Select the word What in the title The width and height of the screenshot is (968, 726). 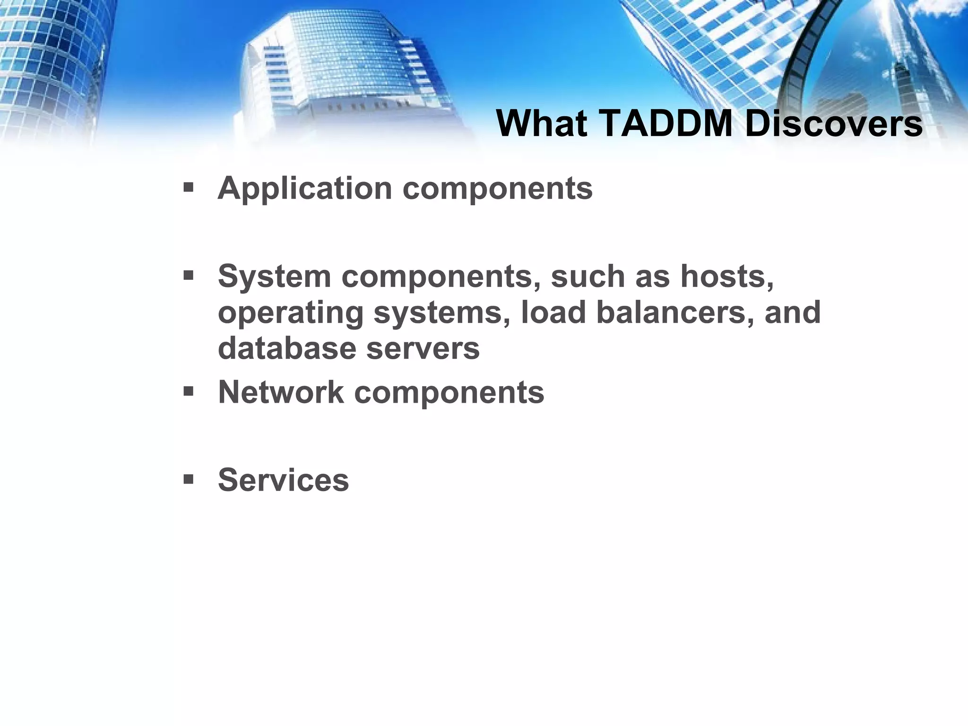tap(542, 124)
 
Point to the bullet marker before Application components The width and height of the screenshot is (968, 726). tap(189, 188)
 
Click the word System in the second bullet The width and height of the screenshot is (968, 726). tap(274, 277)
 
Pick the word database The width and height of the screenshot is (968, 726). tap(287, 349)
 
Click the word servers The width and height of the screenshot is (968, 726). tap(423, 349)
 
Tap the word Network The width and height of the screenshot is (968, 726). tap(281, 393)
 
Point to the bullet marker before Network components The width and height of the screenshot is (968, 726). tap(189, 391)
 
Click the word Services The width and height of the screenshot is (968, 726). tap(283, 480)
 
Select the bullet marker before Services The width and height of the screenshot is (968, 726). tap(189, 480)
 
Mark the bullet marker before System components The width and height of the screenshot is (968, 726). tap(189, 276)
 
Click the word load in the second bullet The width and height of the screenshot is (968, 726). tap(553, 313)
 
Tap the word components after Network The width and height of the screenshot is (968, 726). tap(449, 393)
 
